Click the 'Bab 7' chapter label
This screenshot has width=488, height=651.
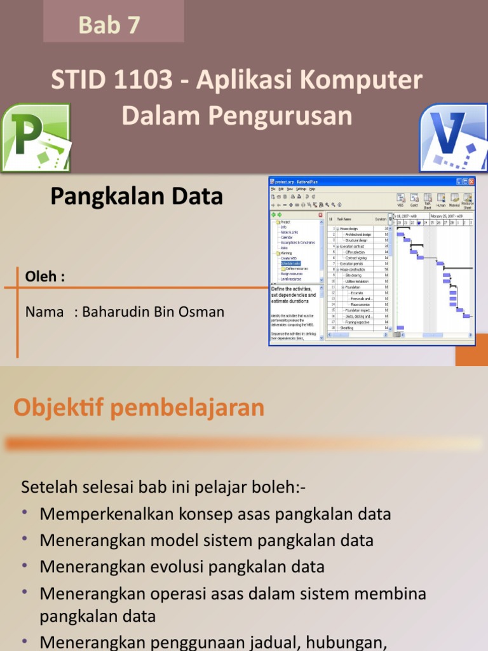pos(109,25)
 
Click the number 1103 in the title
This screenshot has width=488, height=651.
pos(147,81)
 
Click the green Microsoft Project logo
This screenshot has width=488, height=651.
pos(35,139)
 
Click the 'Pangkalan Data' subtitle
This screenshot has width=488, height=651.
pos(137,196)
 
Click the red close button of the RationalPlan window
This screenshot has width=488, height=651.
pos(470,181)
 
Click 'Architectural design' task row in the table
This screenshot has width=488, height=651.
pos(358,234)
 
